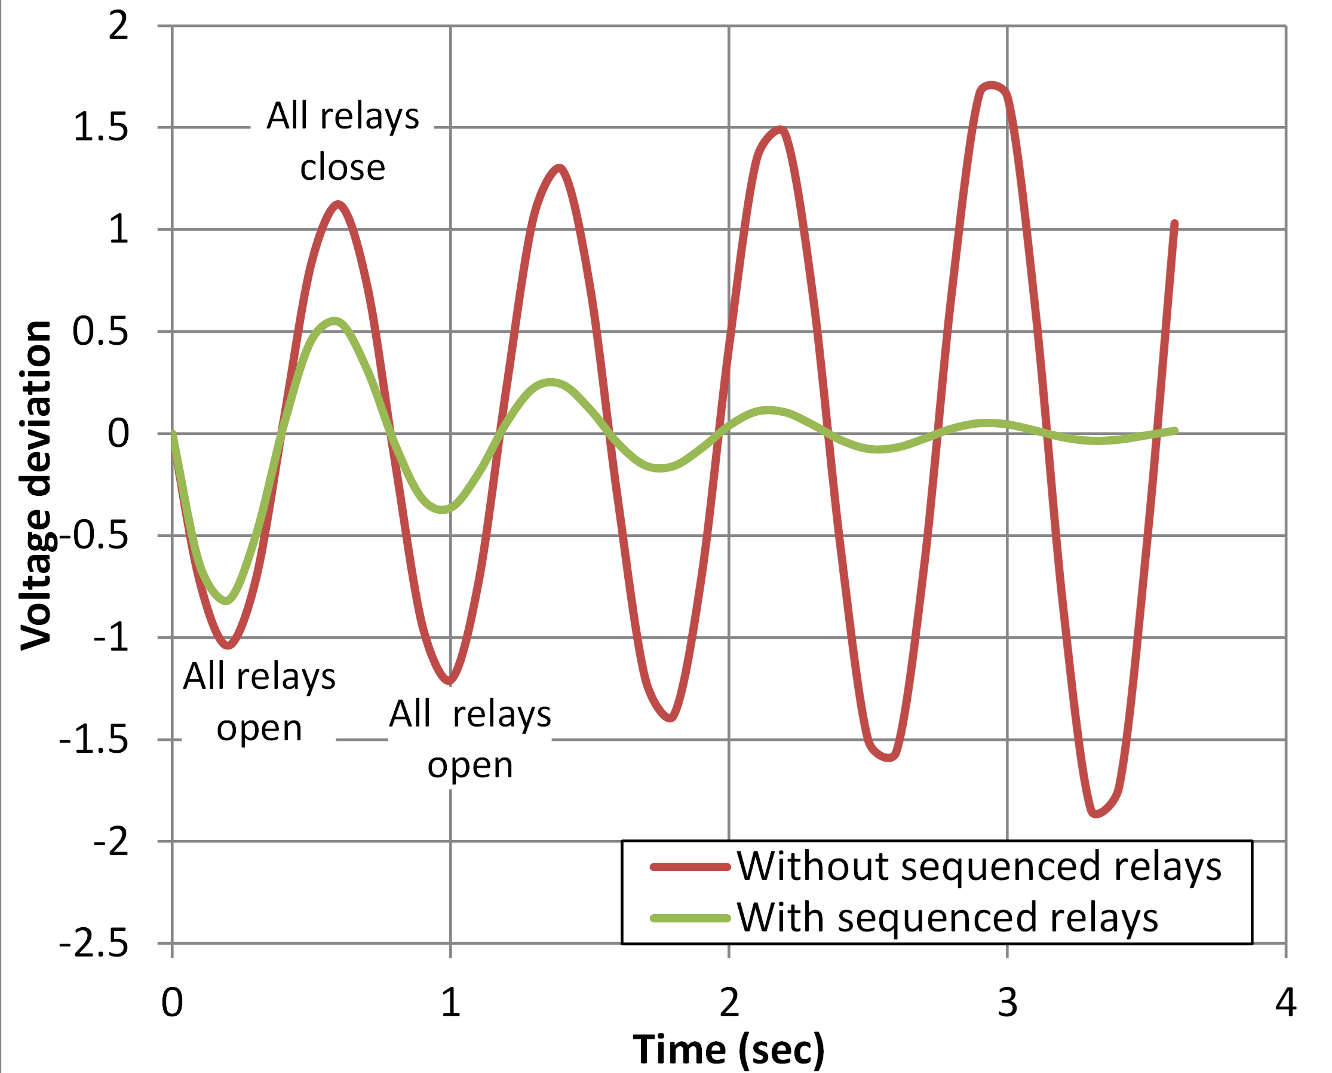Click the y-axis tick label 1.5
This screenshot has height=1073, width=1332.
coord(101,128)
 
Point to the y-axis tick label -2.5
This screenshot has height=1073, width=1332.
coord(94,945)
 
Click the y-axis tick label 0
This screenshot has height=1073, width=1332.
coord(119,434)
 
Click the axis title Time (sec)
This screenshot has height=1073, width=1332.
coord(729,1050)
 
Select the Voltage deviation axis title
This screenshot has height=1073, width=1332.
coord(36,486)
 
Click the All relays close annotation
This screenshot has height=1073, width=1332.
coord(343,142)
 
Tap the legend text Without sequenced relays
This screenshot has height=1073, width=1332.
coord(979,866)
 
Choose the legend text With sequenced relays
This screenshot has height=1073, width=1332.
coord(948,918)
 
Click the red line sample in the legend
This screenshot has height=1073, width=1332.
coord(690,867)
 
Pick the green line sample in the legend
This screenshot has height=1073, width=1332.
coord(690,918)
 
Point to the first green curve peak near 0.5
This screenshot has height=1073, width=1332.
coord(334,321)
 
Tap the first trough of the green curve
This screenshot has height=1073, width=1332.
coord(227,600)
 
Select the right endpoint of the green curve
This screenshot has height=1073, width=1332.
coord(1175,431)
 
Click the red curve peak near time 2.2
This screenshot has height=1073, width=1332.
coord(781,130)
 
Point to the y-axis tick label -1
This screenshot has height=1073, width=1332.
coord(111,637)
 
